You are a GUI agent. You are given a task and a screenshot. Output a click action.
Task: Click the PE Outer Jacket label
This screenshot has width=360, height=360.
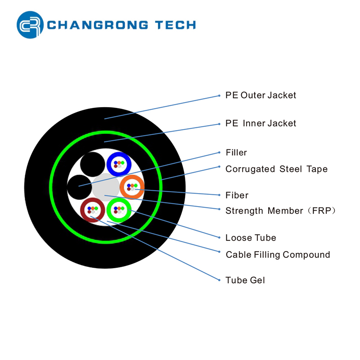click(261, 95)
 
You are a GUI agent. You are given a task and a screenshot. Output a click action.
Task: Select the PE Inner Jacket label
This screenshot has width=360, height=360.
click(261, 123)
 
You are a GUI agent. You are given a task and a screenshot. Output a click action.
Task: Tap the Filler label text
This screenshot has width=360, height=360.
click(236, 153)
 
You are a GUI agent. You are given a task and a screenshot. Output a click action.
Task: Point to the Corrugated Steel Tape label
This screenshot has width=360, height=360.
click(276, 169)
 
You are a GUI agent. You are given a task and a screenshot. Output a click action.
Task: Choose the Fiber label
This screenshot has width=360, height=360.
click(237, 195)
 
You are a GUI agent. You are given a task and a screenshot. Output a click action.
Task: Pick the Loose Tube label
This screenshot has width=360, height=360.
click(251, 238)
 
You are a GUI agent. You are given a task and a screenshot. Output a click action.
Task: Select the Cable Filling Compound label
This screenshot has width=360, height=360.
click(278, 255)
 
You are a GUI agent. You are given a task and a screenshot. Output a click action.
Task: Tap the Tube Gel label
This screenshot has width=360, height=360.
click(245, 280)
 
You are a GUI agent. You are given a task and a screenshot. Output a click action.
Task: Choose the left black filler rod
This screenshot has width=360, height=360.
click(78, 186)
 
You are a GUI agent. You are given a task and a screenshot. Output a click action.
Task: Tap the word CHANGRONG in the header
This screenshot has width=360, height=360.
click(98, 25)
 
